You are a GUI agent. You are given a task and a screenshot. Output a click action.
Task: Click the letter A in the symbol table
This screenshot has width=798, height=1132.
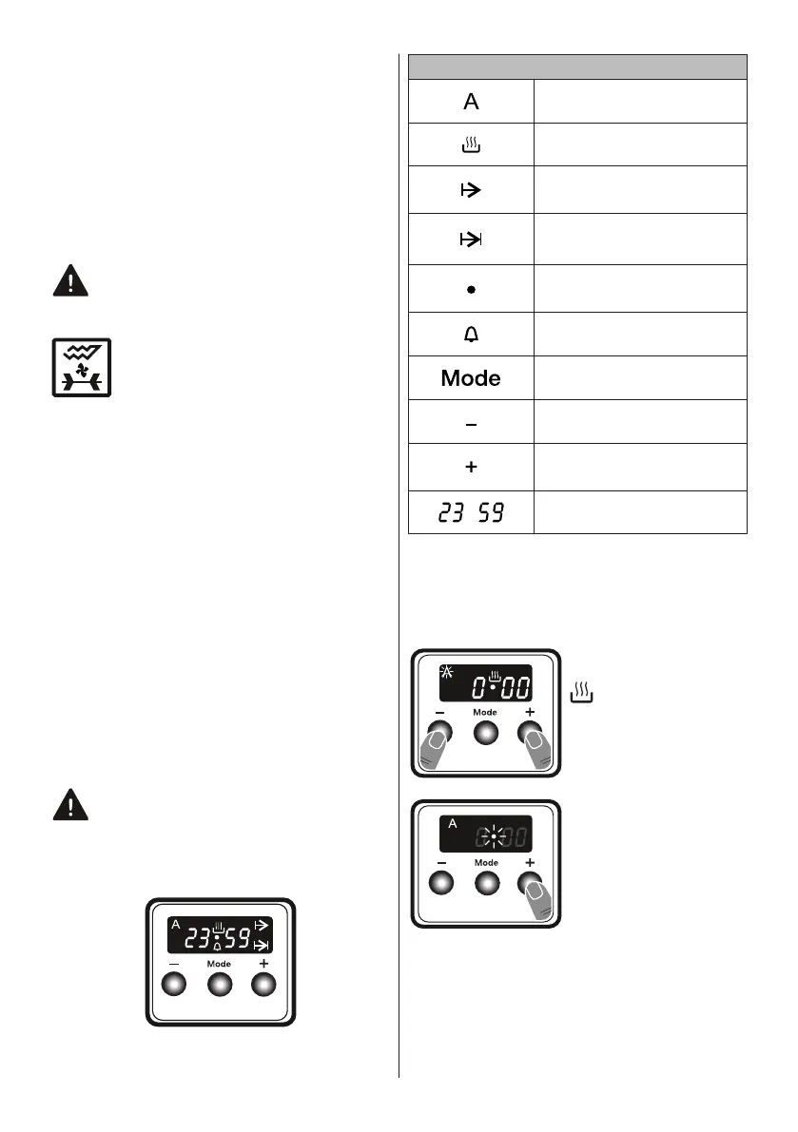click(x=471, y=102)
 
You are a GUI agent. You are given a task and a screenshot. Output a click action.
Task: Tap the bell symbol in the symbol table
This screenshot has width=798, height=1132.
click(x=471, y=334)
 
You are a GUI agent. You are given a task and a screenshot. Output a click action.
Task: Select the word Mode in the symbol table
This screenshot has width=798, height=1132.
click(x=471, y=378)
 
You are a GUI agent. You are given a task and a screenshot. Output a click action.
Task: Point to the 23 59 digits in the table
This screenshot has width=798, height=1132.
click(x=471, y=513)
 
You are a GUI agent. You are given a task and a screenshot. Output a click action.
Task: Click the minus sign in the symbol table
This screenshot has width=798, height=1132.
click(x=471, y=423)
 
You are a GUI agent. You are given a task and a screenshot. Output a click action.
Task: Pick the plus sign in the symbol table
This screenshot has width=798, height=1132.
click(x=471, y=469)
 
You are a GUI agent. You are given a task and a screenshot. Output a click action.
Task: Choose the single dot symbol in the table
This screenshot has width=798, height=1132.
click(x=471, y=289)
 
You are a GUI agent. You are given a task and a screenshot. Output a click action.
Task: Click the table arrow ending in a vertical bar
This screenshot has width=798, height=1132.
click(x=471, y=239)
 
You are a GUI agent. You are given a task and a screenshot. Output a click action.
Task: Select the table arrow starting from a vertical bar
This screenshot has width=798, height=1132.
click(x=471, y=191)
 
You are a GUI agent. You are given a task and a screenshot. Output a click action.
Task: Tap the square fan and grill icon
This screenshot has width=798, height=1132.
click(x=81, y=367)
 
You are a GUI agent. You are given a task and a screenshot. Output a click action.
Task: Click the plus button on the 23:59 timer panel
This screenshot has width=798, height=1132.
click(x=263, y=986)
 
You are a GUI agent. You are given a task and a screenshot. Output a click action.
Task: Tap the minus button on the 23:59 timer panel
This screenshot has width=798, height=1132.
click(x=176, y=986)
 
